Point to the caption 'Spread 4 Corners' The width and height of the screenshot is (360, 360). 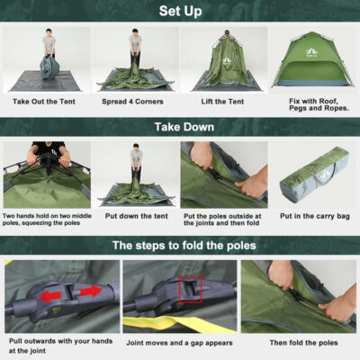point(135,103)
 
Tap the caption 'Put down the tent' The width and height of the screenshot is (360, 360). point(135,216)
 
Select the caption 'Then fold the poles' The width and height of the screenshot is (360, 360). point(303,342)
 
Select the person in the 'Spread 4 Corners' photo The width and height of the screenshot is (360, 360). point(135,49)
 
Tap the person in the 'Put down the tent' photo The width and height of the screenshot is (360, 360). point(136,162)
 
